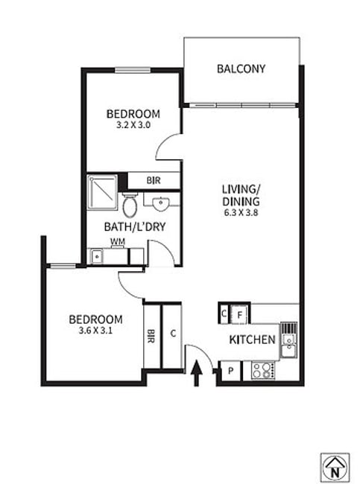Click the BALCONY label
[241, 69]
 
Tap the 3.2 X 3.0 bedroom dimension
[133, 125]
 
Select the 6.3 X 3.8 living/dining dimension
[241, 212]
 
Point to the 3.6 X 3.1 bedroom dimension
[95, 331]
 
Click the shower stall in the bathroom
[102, 192]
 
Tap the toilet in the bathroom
[130, 205]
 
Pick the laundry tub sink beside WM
[97, 256]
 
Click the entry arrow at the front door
[196, 372]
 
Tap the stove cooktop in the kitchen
[262, 370]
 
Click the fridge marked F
[239, 315]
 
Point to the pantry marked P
[230, 371]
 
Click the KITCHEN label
[252, 340]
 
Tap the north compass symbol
[335, 468]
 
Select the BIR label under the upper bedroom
[154, 180]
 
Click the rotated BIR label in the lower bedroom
[151, 336]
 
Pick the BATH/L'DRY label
[135, 227]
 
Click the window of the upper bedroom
[133, 71]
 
